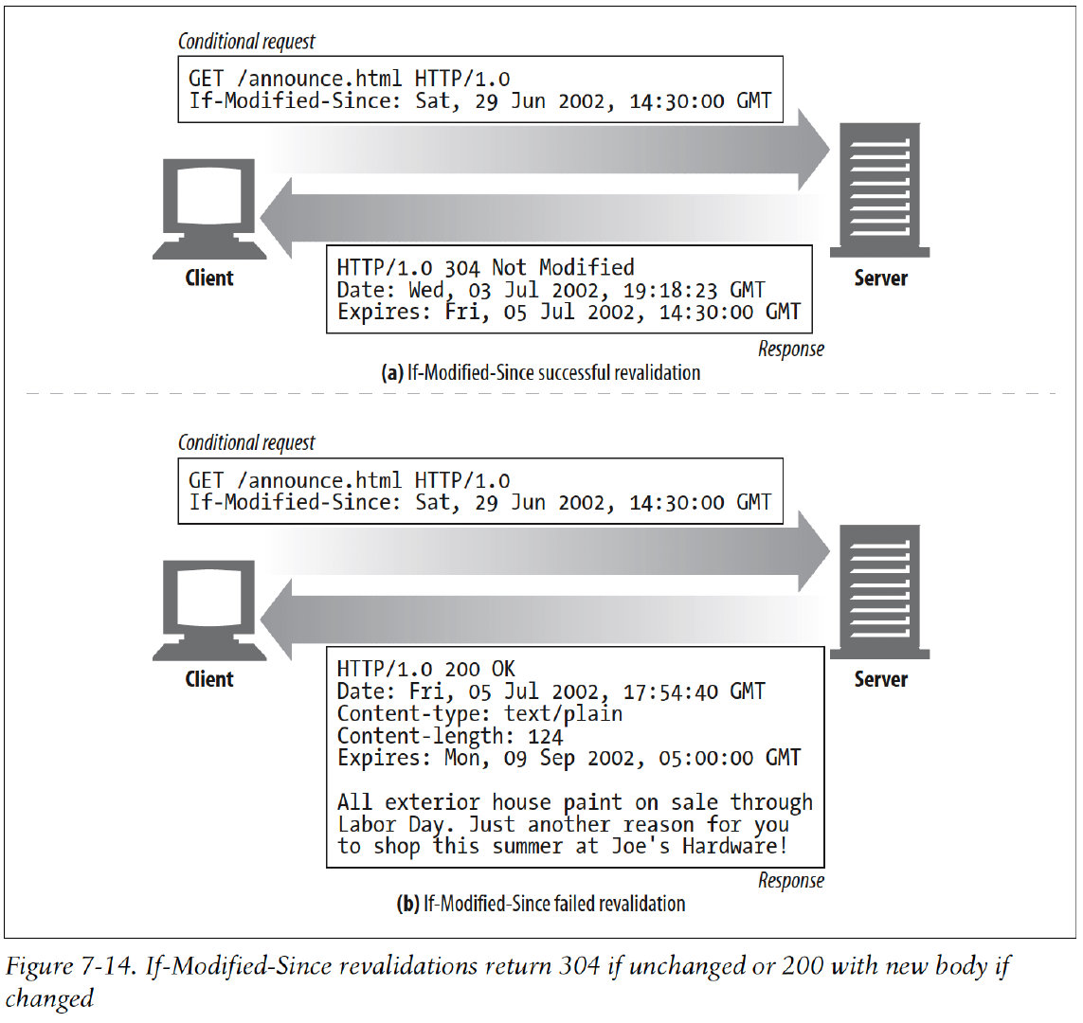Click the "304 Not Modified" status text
[539, 268]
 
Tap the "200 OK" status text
[479, 670]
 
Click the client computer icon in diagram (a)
[208, 207]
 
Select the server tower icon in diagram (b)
[879, 591]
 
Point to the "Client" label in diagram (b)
[209, 679]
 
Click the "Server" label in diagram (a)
[880, 278]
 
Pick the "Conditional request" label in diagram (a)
[246, 42]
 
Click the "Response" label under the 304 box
[790, 349]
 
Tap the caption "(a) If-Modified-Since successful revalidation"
[540, 372]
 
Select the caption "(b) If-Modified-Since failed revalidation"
[540, 904]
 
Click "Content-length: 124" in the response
[450, 736]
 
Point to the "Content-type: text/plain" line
[479, 714]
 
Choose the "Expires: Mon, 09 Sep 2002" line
[569, 758]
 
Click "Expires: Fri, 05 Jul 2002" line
[569, 312]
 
